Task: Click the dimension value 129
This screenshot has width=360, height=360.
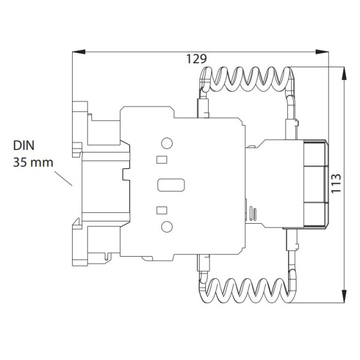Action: click(196, 59)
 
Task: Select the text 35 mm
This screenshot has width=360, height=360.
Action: click(34, 162)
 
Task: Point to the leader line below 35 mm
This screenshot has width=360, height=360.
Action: click(62, 178)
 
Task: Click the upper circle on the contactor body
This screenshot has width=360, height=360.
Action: click(167, 143)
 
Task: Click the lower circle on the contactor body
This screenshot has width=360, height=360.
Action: click(167, 226)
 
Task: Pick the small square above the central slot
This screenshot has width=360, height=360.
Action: click(160, 160)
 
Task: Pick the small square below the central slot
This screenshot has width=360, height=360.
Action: click(160, 209)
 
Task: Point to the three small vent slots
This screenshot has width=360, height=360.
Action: click(251, 214)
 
